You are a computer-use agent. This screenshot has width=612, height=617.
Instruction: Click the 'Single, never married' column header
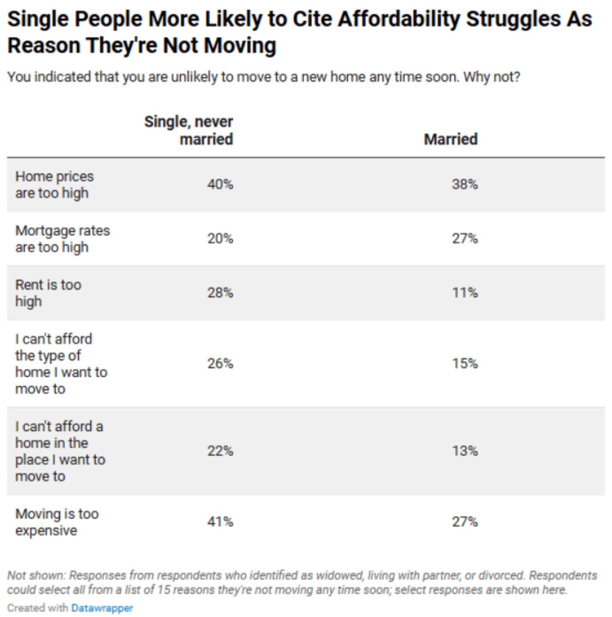[x=188, y=130]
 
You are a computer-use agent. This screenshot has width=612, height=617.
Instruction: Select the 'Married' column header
[x=450, y=139]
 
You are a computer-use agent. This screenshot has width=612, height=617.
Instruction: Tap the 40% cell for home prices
[x=220, y=184]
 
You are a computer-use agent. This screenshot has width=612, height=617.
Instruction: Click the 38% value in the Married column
[x=465, y=184]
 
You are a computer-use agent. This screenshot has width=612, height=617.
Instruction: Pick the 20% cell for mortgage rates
[x=220, y=238]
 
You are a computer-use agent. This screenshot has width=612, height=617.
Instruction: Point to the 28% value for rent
[x=220, y=293]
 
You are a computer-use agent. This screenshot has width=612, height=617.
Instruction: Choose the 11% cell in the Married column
[x=465, y=293]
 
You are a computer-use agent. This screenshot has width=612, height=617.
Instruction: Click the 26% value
[x=220, y=363]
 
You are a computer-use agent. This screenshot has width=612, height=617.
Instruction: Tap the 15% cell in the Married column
[x=465, y=363]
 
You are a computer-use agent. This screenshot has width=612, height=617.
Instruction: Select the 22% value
[x=220, y=451]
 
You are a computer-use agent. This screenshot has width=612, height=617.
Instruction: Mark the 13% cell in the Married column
[x=465, y=451]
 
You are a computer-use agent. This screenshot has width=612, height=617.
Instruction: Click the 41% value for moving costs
[x=220, y=522]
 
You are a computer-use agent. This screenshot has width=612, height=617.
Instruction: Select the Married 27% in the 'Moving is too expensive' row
[x=465, y=522]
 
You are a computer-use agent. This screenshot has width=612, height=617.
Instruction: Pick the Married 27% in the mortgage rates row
[x=465, y=238]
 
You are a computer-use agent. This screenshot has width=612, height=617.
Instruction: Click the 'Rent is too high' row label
[x=48, y=293]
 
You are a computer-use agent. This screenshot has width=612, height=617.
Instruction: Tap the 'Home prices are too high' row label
[x=54, y=185]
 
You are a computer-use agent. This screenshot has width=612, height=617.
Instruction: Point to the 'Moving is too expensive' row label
[x=57, y=522]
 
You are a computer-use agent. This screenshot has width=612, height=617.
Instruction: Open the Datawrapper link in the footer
[x=102, y=608]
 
